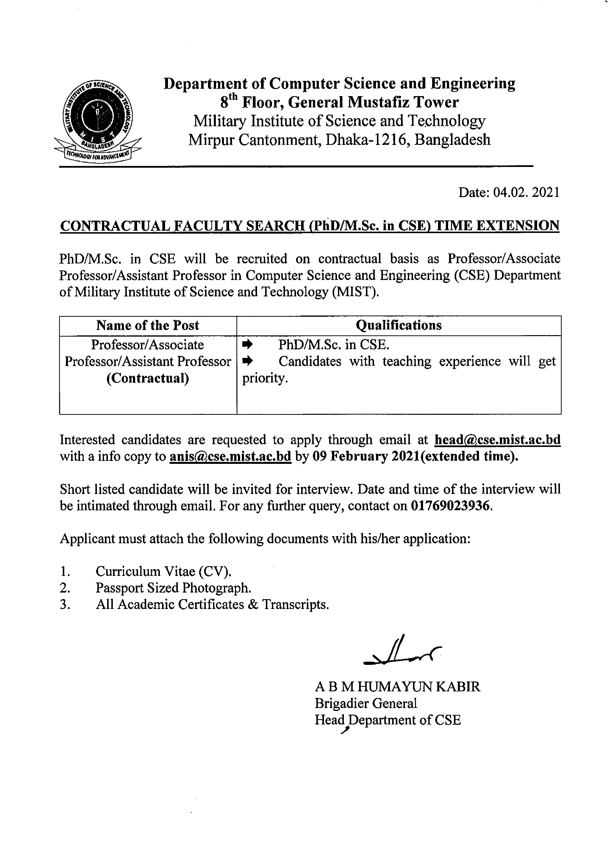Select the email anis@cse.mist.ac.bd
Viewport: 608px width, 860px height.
point(230,456)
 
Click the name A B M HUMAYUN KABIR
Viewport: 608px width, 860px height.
point(397,687)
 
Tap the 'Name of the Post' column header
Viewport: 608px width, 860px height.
point(148,326)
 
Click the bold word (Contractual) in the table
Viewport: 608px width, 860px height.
point(148,378)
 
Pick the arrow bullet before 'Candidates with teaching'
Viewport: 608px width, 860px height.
point(248,361)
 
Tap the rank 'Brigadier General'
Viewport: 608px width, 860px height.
point(366,703)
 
